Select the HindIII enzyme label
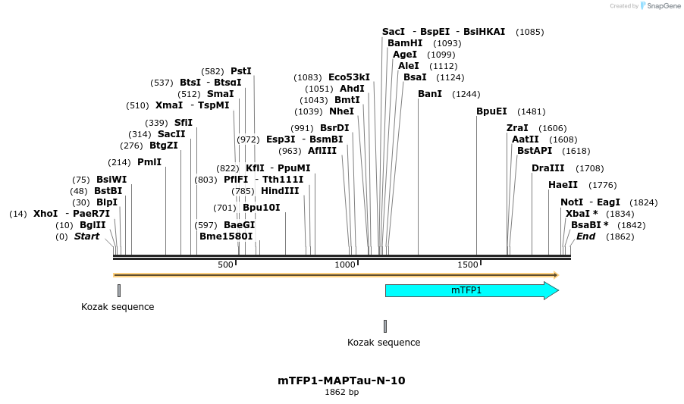(280, 191)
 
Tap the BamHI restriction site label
(405, 43)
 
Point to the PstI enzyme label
(240, 71)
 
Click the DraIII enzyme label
(548, 168)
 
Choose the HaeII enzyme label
(563, 185)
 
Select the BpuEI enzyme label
(491, 111)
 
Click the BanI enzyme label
(430, 94)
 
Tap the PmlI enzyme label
(149, 162)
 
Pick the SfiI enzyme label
(184, 123)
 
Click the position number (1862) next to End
(620, 236)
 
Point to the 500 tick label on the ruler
(225, 265)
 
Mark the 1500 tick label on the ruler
(468, 265)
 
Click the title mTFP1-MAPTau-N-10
(341, 381)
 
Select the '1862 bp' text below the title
(341, 393)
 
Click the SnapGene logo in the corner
(657, 6)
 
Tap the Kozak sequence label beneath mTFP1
(384, 343)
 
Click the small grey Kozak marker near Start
(119, 290)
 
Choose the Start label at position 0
(86, 236)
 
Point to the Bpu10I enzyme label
(262, 208)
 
